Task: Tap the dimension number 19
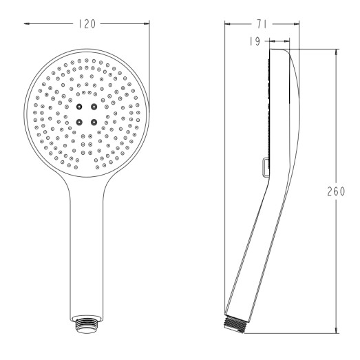click(x=253, y=41)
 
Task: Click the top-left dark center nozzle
click(x=80, y=107)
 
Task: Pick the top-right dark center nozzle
click(x=93, y=107)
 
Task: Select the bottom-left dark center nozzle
click(x=80, y=121)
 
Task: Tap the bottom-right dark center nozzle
click(x=93, y=121)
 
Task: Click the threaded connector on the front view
click(x=87, y=325)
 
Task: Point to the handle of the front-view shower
click(x=87, y=248)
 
